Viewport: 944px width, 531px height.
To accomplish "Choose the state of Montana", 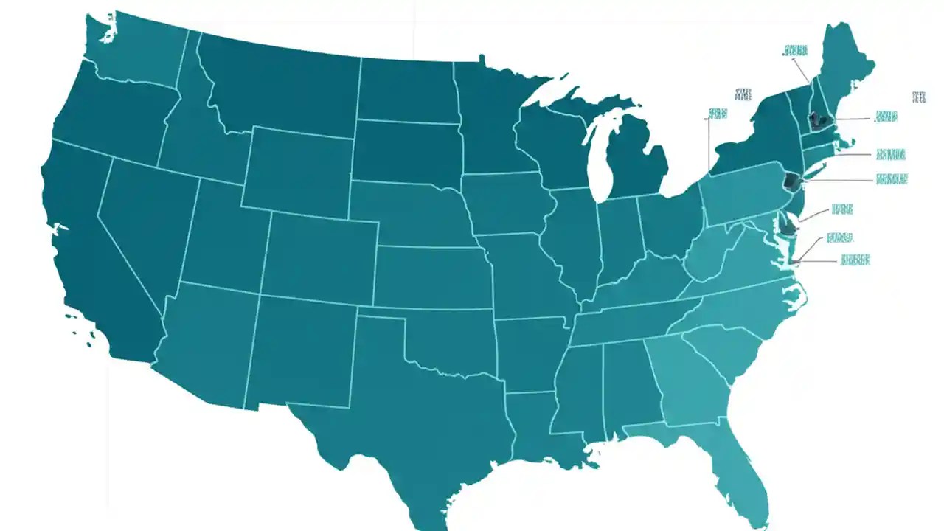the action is tap(280, 88).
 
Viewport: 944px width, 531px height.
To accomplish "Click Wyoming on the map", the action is tap(299, 170).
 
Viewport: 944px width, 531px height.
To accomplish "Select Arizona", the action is tap(206, 339).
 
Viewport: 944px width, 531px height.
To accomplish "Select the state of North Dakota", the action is tap(406, 92).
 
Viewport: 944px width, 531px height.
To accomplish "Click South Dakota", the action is tap(406, 151).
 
